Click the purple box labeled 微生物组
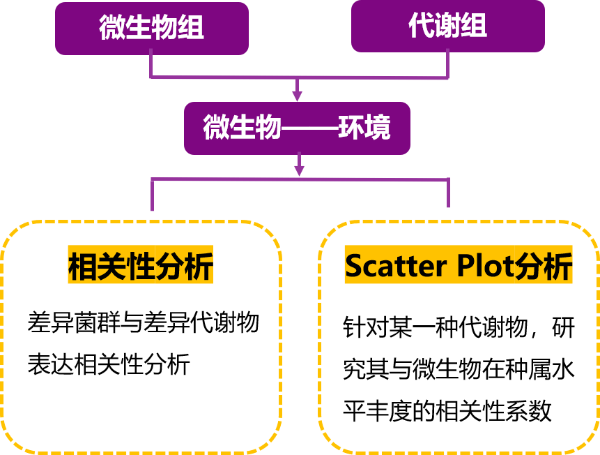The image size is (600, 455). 152,29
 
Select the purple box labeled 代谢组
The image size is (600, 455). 448,27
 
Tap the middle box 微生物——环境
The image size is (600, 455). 297,128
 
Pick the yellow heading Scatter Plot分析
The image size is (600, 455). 459,266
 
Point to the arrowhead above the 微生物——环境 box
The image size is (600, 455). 298,94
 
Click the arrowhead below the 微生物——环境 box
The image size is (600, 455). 299,168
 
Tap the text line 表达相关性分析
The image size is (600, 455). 108,364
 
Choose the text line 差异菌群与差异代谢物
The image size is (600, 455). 144,322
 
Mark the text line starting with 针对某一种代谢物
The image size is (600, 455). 459,327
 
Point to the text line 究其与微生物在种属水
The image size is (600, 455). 459,369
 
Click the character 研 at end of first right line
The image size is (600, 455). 563,327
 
